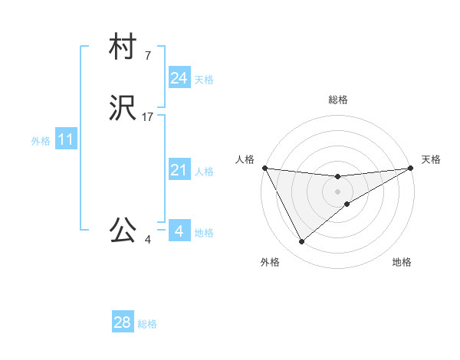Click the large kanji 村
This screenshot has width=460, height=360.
point(123,47)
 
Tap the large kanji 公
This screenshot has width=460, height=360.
point(123,230)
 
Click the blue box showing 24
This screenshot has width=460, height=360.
point(179,78)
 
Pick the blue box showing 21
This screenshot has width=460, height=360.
point(179,170)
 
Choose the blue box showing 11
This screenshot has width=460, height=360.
point(65,140)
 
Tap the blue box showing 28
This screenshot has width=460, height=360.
point(123,322)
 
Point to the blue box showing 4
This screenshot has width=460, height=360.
point(179,231)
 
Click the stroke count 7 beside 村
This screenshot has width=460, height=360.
point(147,55)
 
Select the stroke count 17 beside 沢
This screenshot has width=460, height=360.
point(148,117)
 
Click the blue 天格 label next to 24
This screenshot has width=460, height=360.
point(204,80)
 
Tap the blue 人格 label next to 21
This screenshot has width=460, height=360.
point(204,172)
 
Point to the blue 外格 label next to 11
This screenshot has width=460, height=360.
point(41,141)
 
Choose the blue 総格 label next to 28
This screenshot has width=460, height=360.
point(147,324)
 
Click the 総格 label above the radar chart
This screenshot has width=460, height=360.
point(338,100)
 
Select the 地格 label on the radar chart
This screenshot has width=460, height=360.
point(402,262)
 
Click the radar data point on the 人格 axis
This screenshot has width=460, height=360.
point(264,168)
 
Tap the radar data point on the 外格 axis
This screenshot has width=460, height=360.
point(301,242)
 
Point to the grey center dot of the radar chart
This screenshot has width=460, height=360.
point(338,191)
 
